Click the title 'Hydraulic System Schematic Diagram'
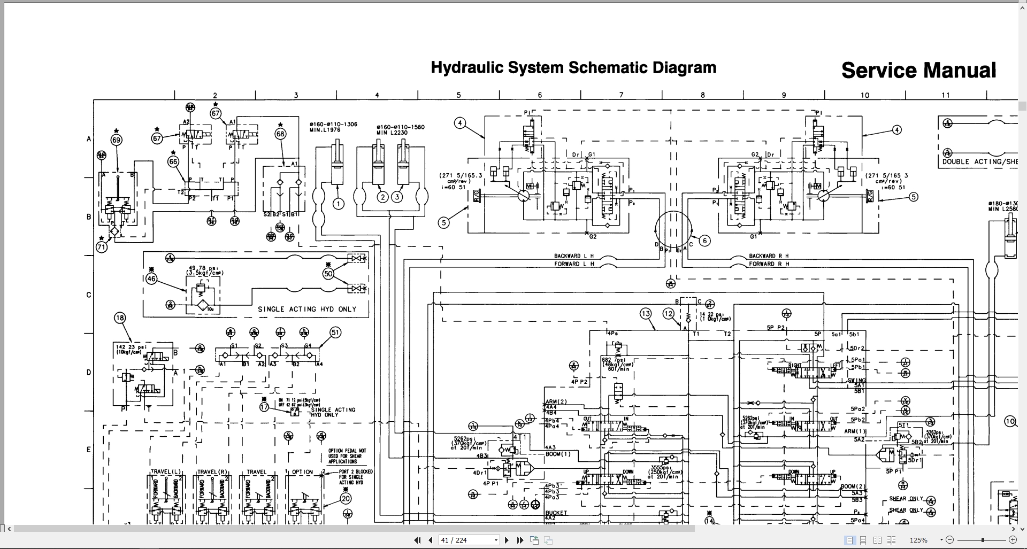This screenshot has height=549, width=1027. (x=573, y=68)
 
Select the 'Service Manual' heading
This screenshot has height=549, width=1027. (x=918, y=71)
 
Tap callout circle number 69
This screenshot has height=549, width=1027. (x=117, y=140)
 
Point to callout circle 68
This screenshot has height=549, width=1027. (x=281, y=134)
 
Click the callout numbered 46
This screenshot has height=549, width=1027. (x=151, y=279)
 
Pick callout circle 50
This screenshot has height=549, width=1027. (x=328, y=274)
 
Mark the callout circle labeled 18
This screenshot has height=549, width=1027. (x=120, y=318)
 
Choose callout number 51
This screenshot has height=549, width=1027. (x=335, y=333)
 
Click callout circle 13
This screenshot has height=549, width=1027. (x=646, y=313)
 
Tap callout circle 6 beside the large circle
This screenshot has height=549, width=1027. (x=704, y=241)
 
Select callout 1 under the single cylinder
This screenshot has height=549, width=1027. (x=338, y=203)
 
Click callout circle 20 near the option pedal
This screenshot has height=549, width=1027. (x=346, y=499)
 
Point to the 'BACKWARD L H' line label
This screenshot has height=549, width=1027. (x=574, y=256)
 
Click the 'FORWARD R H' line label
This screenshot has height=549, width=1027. (x=769, y=264)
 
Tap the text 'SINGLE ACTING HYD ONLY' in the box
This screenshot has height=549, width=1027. (x=306, y=309)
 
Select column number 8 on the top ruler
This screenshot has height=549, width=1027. (x=703, y=95)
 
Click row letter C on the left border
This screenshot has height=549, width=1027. (x=89, y=295)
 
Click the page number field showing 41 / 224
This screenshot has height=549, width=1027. (x=469, y=540)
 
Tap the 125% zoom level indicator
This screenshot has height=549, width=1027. (x=918, y=540)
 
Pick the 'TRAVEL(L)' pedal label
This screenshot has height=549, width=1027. (x=165, y=472)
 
